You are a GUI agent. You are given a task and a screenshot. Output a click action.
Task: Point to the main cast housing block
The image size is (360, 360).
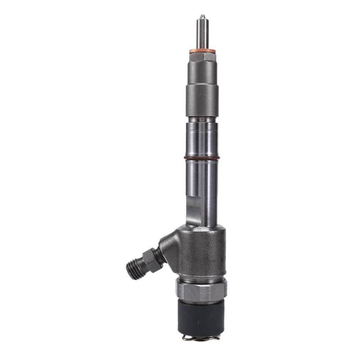point(202,252)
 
